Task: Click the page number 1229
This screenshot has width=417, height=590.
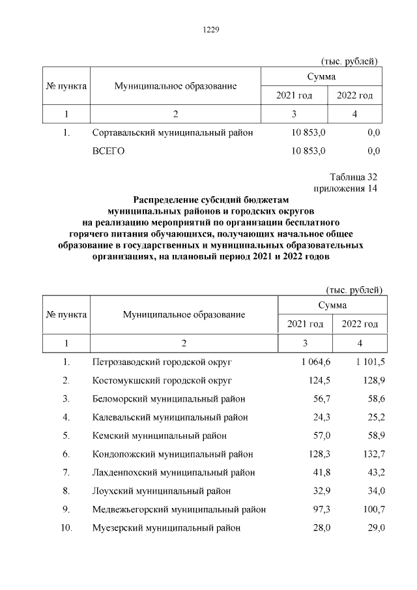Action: (x=209, y=29)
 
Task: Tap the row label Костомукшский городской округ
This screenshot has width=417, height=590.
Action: (x=163, y=379)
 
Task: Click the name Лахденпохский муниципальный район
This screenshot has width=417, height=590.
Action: (x=174, y=472)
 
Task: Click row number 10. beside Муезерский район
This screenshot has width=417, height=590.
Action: (x=66, y=528)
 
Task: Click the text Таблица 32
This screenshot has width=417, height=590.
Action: (x=354, y=177)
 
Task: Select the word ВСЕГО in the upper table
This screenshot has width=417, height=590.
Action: (x=109, y=152)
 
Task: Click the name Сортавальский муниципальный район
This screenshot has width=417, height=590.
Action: (x=172, y=133)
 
